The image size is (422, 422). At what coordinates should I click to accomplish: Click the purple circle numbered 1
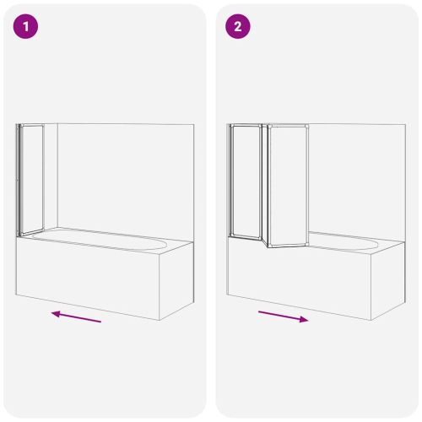25,26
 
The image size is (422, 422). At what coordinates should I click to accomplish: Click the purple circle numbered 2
238,26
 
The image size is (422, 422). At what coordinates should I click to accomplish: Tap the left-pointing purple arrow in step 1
76,316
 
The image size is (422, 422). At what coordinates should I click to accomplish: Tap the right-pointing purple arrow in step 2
284,316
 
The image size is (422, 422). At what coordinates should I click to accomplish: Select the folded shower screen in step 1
30,180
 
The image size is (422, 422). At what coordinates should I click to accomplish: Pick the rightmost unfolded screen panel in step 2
289,186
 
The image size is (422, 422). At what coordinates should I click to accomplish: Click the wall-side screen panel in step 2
246,181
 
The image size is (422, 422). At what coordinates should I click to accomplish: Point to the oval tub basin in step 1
100,240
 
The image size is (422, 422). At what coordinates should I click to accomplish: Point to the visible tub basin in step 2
344,241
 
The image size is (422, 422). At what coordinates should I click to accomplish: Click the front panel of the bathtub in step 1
88,279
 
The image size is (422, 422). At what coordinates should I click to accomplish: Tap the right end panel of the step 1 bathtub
176,280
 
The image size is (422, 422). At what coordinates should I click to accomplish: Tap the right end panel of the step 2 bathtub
388,280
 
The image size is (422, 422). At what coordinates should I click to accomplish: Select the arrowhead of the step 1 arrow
57,314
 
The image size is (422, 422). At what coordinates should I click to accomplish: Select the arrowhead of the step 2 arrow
304,319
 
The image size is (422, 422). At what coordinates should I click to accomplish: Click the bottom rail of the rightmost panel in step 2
289,246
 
